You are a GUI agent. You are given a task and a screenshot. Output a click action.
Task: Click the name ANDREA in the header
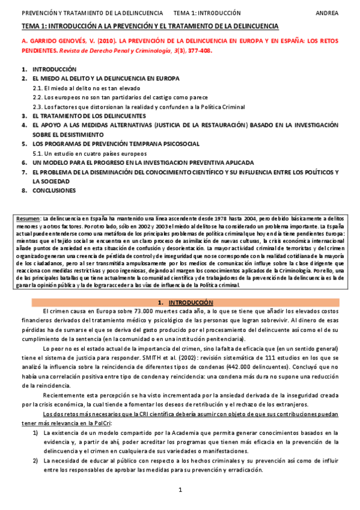pos(326,12)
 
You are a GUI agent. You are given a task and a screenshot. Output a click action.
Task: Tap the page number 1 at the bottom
pos(180,491)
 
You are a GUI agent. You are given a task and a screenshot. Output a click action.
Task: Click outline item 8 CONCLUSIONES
pos(54,191)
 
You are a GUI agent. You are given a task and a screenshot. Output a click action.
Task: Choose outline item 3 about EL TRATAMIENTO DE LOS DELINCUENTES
pos(89,115)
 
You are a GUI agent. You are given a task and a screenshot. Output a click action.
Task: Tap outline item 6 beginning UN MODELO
pos(142,162)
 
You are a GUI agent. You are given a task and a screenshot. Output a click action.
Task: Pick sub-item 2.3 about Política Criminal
pos(138,106)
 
